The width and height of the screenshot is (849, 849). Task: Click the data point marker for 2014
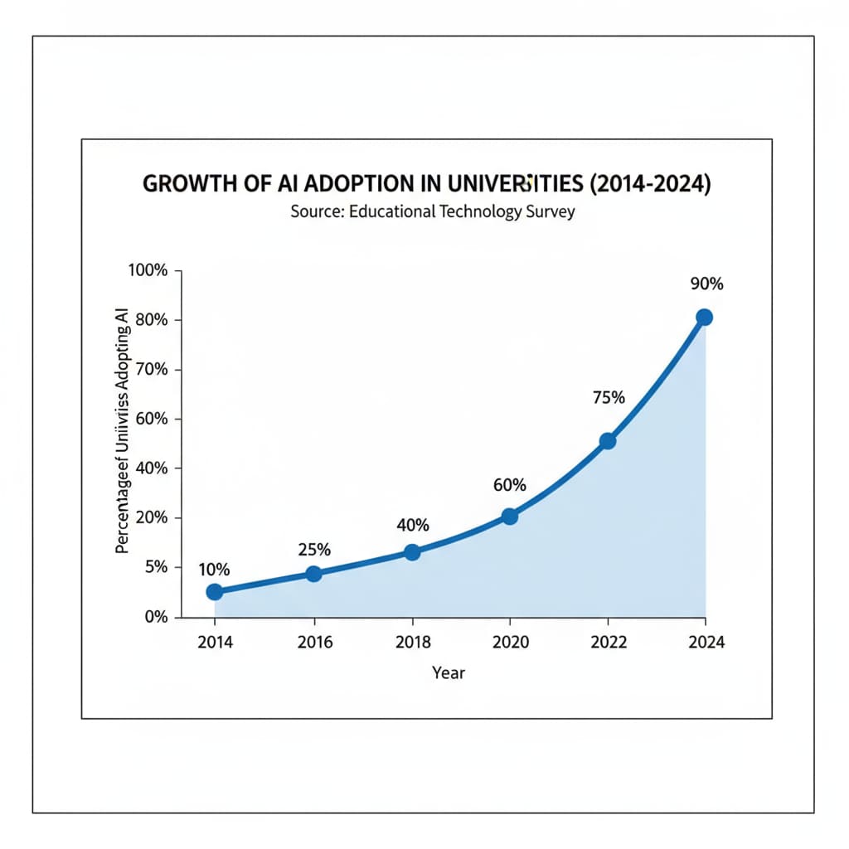(x=214, y=591)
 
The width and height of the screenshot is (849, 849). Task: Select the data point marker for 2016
(x=313, y=574)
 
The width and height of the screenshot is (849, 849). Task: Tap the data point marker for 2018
(x=412, y=552)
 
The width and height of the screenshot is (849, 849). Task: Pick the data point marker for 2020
(x=510, y=516)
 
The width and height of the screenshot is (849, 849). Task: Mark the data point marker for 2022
(x=608, y=441)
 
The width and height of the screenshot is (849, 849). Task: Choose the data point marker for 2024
(x=705, y=317)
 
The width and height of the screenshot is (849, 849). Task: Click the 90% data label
(x=706, y=284)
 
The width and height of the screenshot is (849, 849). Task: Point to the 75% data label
(x=609, y=397)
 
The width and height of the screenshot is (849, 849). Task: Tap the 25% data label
(x=314, y=549)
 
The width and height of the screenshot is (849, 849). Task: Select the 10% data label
(x=214, y=569)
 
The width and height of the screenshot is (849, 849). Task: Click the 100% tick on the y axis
(x=149, y=271)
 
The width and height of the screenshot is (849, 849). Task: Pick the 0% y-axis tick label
(x=156, y=617)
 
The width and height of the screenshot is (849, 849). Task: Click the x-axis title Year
(x=449, y=672)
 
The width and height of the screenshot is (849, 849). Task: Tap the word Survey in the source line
(x=550, y=211)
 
